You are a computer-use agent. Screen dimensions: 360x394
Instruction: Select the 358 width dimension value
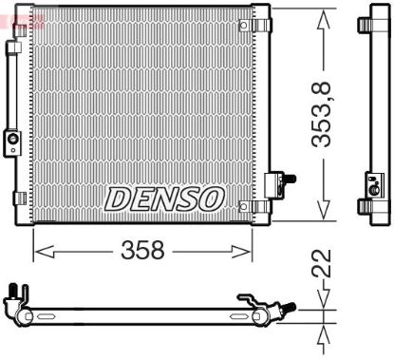pyautogui.click(x=142, y=251)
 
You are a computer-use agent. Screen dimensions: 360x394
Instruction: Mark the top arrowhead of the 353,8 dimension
pyautogui.click(x=325, y=14)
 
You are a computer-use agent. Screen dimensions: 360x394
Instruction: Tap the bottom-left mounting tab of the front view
pyautogui.click(x=18, y=198)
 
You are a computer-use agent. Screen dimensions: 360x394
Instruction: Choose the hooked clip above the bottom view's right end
pyautogui.click(x=249, y=298)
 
